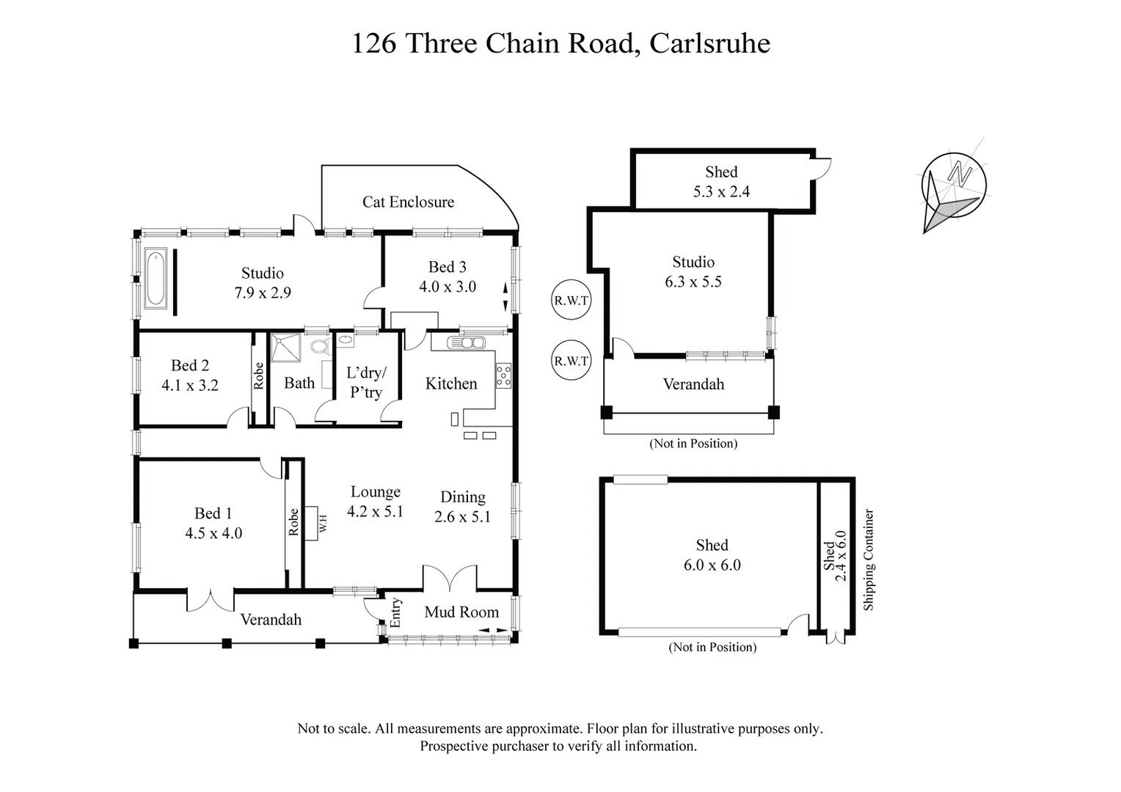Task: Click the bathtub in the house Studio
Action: pyautogui.click(x=156, y=279)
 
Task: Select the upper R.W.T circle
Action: pyautogui.click(x=571, y=301)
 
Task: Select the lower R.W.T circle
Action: pyautogui.click(x=571, y=361)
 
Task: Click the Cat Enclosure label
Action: pyautogui.click(x=408, y=202)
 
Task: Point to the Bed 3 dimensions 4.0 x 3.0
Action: pyautogui.click(x=448, y=287)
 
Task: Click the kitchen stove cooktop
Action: pyautogui.click(x=503, y=375)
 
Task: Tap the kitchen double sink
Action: pyautogui.click(x=467, y=342)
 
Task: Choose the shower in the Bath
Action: pyautogui.click(x=286, y=348)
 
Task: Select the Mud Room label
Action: pyautogui.click(x=461, y=612)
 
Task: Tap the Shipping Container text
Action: pyautogui.click(x=869, y=560)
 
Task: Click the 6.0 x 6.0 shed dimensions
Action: pyautogui.click(x=712, y=565)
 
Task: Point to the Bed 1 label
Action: pyautogui.click(x=213, y=513)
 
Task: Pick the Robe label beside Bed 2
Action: pyautogui.click(x=258, y=376)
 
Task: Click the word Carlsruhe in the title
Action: pyautogui.click(x=710, y=43)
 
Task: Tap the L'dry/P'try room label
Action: pyautogui.click(x=365, y=382)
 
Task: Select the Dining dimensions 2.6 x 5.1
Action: pyautogui.click(x=462, y=517)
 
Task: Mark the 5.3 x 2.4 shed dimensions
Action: pyautogui.click(x=721, y=191)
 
